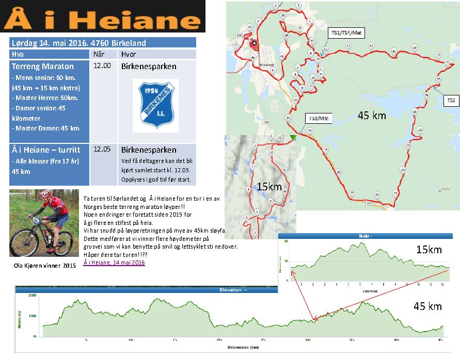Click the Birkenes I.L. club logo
(155, 105)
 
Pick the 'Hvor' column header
(129, 54)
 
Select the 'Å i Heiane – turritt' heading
(45, 150)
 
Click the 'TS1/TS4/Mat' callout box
(346, 32)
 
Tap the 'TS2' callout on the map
(451, 101)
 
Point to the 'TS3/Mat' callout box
(319, 118)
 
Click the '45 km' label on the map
(372, 116)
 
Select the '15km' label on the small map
(269, 186)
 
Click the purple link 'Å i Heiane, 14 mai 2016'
(114, 263)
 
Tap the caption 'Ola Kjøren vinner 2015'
(44, 265)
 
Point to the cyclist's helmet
(46, 193)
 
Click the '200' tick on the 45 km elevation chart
(33, 296)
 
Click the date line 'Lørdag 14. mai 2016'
(78, 43)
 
